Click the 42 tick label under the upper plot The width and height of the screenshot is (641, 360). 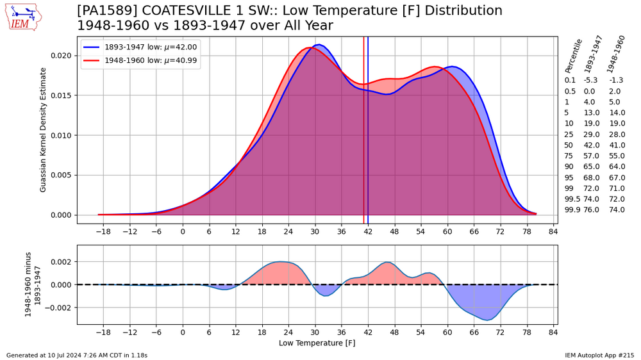pos(368,231)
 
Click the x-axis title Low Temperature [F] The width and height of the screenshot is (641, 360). pos(317,343)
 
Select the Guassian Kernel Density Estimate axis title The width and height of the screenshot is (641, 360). pos(44,130)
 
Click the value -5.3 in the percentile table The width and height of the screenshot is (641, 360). pos(590,80)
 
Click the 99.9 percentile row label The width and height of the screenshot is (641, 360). pos(570,209)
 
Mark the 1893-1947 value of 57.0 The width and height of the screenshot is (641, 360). pos(591,156)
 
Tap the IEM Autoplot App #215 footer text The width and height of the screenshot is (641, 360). pos(599,355)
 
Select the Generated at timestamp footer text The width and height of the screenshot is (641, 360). pos(77,355)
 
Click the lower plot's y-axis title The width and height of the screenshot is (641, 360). pos(33,284)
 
